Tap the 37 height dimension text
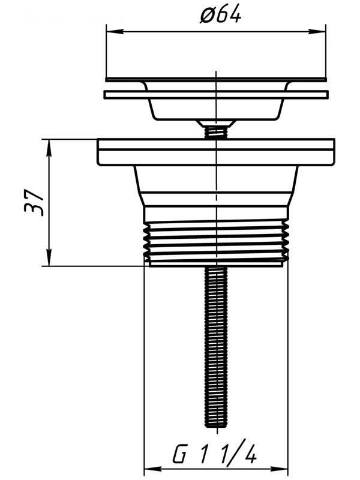[x=34, y=203]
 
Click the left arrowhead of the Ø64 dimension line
[x=115, y=31]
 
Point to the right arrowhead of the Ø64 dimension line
[x=317, y=31]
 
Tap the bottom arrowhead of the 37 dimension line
[x=49, y=257]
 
